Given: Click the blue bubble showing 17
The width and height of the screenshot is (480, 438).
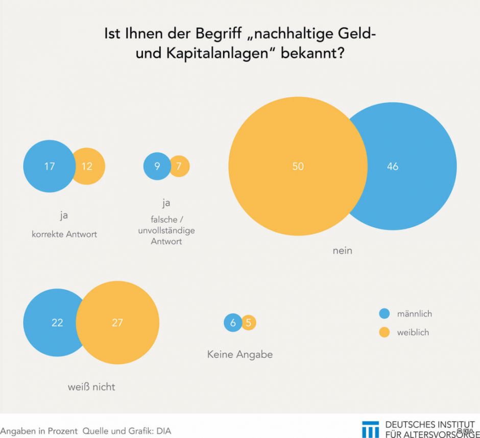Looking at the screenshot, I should (49, 166).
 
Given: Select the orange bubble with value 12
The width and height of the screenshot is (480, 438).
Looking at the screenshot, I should (88, 166).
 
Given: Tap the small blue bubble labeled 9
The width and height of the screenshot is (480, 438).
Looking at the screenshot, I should (157, 166).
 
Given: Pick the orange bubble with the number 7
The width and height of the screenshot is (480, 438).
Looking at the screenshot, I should (179, 166).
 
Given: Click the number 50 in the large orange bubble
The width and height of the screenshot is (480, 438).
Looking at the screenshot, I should (298, 166).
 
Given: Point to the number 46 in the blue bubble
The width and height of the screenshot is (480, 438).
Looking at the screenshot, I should (392, 166).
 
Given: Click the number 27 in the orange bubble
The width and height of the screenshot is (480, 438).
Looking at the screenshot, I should (117, 323).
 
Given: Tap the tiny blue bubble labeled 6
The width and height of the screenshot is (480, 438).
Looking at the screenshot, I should (233, 323).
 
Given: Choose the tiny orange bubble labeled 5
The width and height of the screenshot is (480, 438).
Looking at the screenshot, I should (249, 323).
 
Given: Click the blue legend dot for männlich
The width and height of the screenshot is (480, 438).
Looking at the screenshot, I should (385, 313).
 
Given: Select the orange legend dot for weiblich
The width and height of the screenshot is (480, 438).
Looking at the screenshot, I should (385, 332).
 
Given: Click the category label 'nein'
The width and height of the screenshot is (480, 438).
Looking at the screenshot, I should (342, 251).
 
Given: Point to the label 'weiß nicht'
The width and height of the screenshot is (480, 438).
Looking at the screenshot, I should (91, 387).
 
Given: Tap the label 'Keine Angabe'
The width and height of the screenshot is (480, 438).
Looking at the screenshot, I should (239, 354).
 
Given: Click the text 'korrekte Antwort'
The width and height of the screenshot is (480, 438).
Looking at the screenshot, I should (64, 234).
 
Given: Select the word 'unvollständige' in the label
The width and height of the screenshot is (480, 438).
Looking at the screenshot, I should (166, 230).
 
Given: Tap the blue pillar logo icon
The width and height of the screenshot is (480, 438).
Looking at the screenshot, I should (370, 429).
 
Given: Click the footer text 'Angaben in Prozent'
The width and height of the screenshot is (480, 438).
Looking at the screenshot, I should (39, 431).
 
